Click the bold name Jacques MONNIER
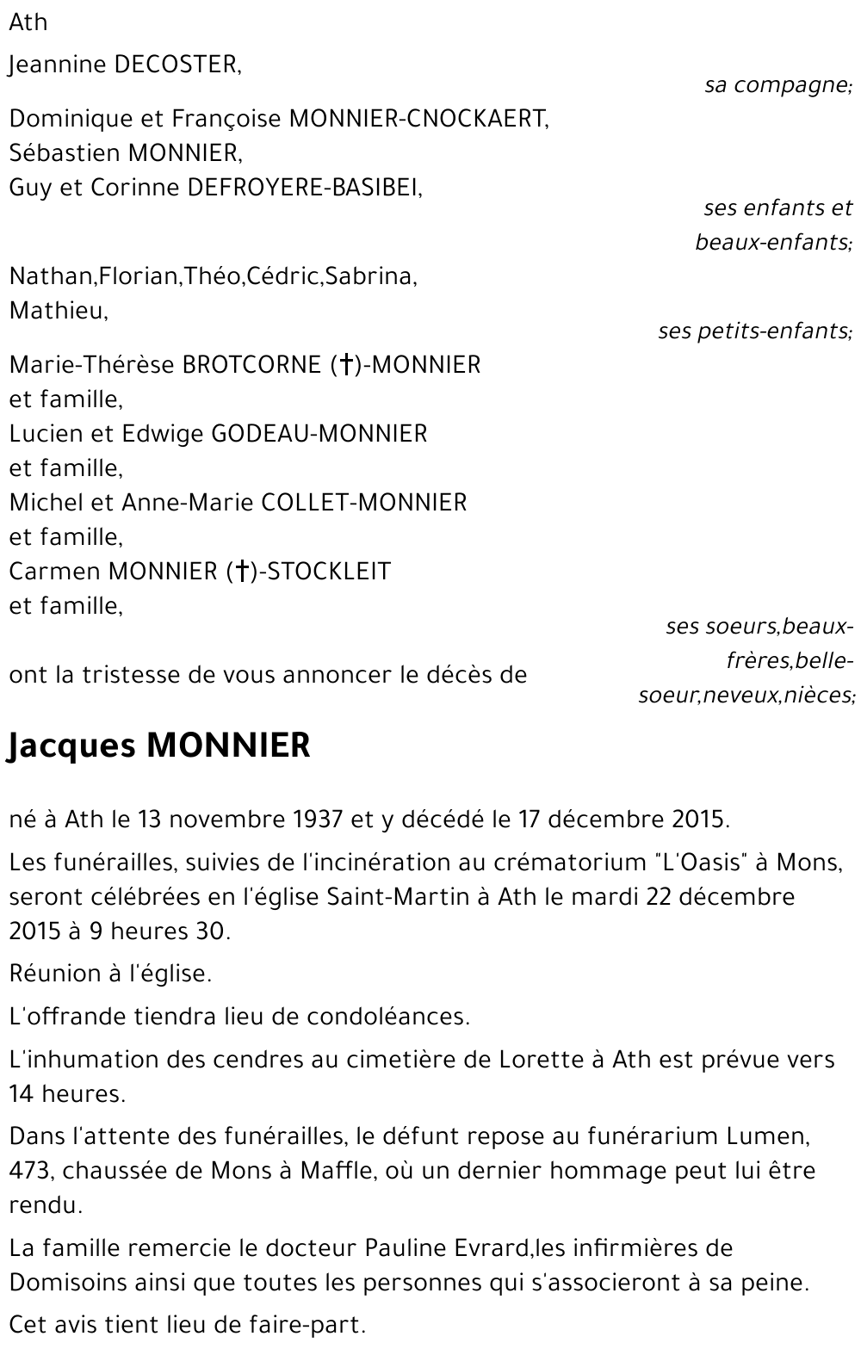[x=159, y=746]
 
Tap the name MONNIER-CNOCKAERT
[x=418, y=119]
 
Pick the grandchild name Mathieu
[x=58, y=311]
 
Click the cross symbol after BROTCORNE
[x=344, y=365]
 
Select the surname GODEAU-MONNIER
[x=319, y=434]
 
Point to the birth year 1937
[x=318, y=819]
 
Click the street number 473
[x=30, y=1171]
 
